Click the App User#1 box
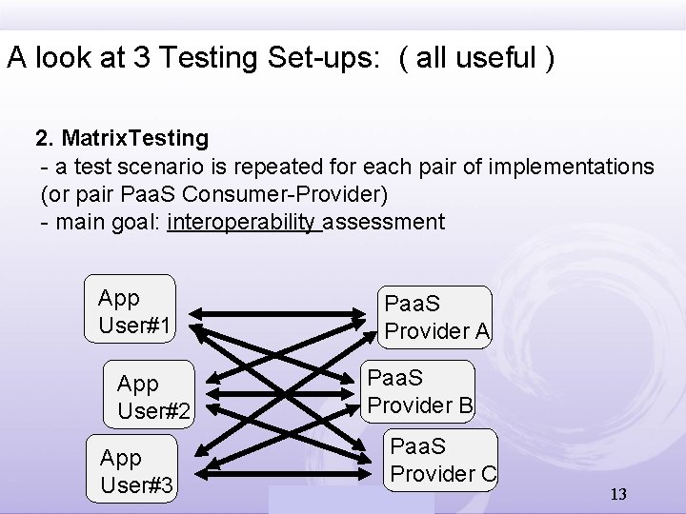click(x=132, y=311)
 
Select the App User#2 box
click(x=153, y=396)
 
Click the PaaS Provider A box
click(x=437, y=317)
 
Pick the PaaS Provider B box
click(x=420, y=391)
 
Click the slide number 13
click(x=617, y=494)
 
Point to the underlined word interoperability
click(x=242, y=223)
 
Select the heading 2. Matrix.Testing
click(x=122, y=138)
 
